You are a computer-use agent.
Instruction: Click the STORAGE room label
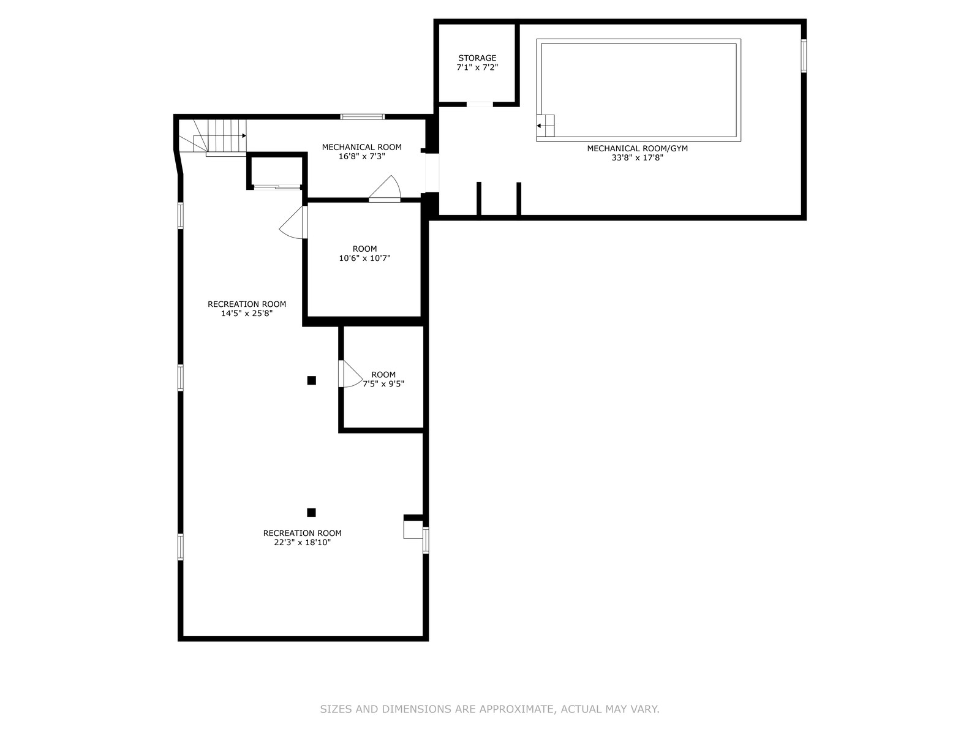(x=477, y=58)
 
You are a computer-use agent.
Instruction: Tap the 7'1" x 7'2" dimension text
(x=477, y=67)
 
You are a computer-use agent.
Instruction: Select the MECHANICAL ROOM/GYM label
(x=637, y=149)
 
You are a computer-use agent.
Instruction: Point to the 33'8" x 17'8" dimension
(x=637, y=157)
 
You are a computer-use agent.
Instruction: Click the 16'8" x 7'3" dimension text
(x=361, y=156)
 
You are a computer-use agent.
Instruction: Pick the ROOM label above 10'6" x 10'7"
(x=365, y=249)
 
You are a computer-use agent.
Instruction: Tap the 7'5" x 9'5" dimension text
(x=383, y=384)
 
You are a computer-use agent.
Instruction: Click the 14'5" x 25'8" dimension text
(x=247, y=313)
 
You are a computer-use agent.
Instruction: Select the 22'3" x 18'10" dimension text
(x=302, y=543)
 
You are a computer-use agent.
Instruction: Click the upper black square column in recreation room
(x=312, y=380)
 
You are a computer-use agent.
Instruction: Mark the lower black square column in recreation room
(x=311, y=512)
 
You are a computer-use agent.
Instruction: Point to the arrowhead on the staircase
(x=244, y=135)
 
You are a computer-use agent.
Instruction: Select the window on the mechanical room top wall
(x=362, y=117)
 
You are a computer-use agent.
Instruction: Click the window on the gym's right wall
(x=803, y=56)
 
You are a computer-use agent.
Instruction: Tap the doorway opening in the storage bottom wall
(x=480, y=104)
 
